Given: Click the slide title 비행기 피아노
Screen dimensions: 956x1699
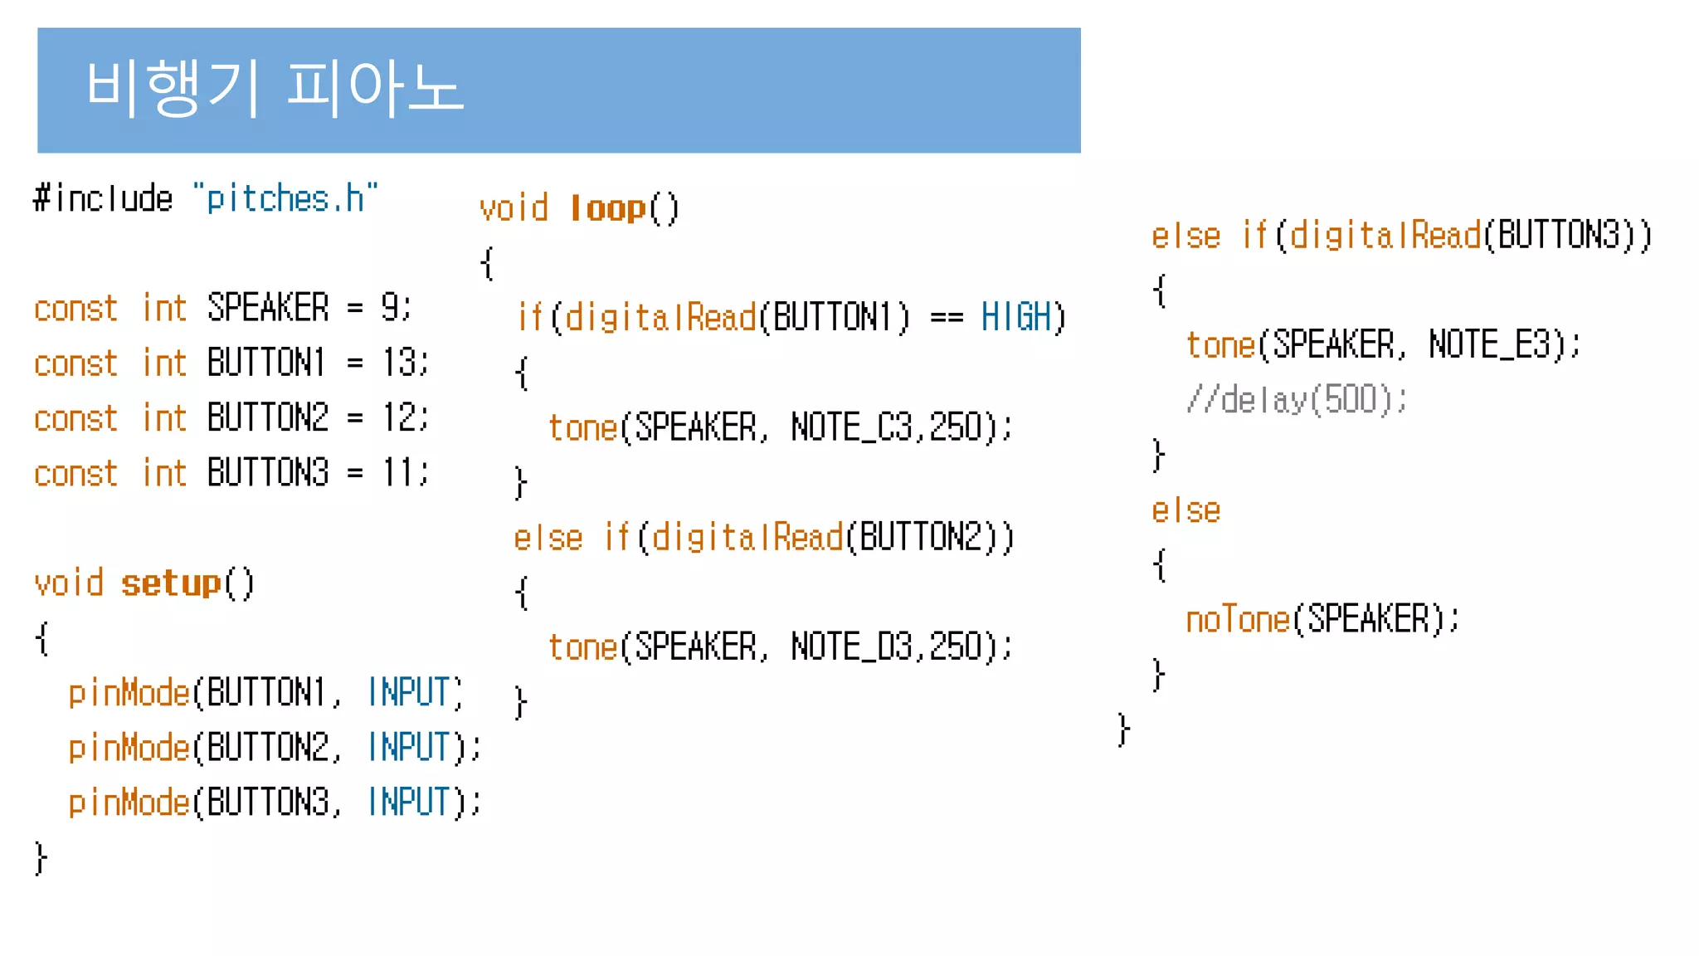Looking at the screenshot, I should (274, 87).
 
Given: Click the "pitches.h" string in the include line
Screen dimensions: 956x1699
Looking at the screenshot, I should (285, 199).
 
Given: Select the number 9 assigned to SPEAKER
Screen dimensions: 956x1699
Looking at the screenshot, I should (390, 308).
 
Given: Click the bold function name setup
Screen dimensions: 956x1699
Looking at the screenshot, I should (171, 583).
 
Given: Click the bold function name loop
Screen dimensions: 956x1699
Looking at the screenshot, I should (608, 208).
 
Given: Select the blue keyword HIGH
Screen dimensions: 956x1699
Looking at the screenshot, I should (1016, 318).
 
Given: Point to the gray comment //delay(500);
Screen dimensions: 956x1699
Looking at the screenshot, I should (1297, 400).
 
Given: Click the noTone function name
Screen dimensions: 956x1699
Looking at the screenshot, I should (1238, 620).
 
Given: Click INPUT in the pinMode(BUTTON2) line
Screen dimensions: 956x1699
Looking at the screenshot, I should (408, 748).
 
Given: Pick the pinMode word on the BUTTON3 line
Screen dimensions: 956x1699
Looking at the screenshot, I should (129, 802).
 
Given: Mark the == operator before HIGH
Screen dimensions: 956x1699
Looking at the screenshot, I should (947, 318).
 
